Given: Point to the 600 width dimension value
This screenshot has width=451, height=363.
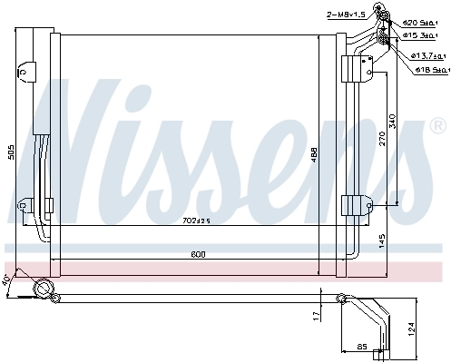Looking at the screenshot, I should (198, 254).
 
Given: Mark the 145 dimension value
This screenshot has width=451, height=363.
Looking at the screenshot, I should (382, 242).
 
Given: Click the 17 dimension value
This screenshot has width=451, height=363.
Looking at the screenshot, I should (317, 315).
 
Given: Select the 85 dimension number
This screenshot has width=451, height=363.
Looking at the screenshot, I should (362, 346).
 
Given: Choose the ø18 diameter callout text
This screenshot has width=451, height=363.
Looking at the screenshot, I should (428, 68).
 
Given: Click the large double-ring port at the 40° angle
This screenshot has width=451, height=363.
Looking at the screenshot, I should (42, 289).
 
